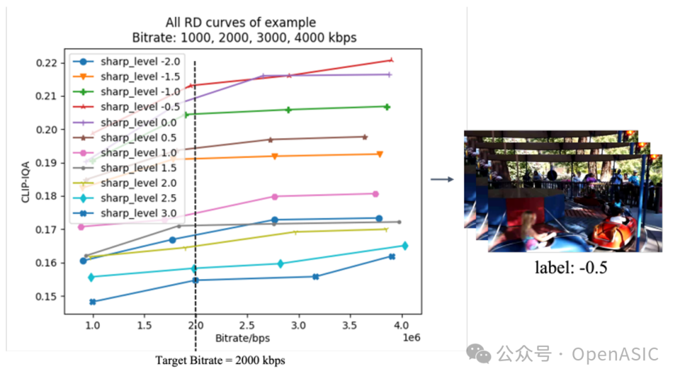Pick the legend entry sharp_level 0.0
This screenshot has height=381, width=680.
click(x=130, y=123)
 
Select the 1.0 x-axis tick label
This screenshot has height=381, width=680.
click(x=93, y=326)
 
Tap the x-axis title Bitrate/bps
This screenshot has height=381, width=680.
click(x=242, y=338)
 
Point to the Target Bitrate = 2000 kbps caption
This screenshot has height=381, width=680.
click(x=220, y=361)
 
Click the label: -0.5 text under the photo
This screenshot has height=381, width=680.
click(x=571, y=267)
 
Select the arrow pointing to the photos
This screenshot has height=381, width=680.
click(x=442, y=180)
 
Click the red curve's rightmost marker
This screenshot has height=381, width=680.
click(x=391, y=60)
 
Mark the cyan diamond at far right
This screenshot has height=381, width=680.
click(x=405, y=246)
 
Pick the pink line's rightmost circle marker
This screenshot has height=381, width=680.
click(x=375, y=194)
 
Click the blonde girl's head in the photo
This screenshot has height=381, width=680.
click(x=528, y=220)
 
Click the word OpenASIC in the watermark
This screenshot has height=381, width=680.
click(x=615, y=354)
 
